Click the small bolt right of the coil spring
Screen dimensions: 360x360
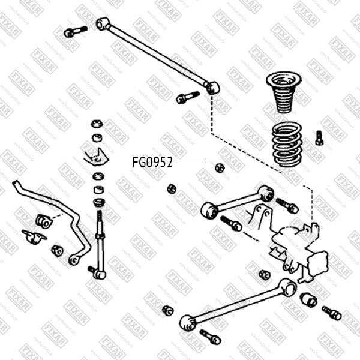coord(319,139)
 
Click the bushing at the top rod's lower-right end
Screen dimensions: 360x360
coord(213,88)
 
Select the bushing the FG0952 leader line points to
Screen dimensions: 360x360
coord(209,210)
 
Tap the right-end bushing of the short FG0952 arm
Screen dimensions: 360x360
coord(267,193)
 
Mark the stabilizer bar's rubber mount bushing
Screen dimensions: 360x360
coord(43,219)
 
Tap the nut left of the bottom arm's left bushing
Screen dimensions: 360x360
coord(169,310)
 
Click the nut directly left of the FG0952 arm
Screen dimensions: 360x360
coord(170,188)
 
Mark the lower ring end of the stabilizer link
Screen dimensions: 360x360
coord(74,259)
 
